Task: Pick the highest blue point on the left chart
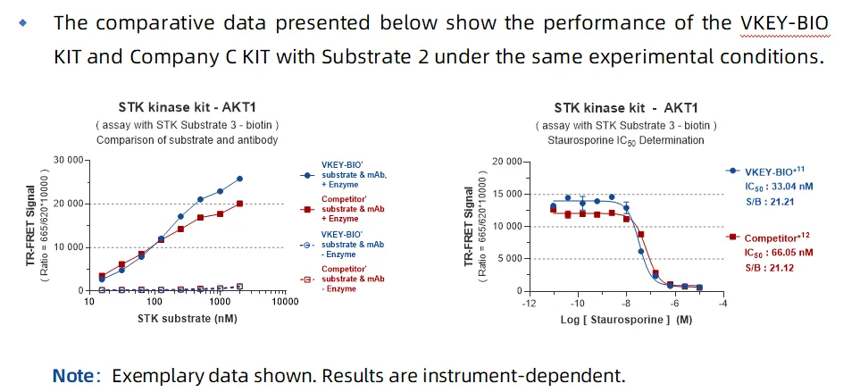(239, 179)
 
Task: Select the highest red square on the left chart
(239, 204)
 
